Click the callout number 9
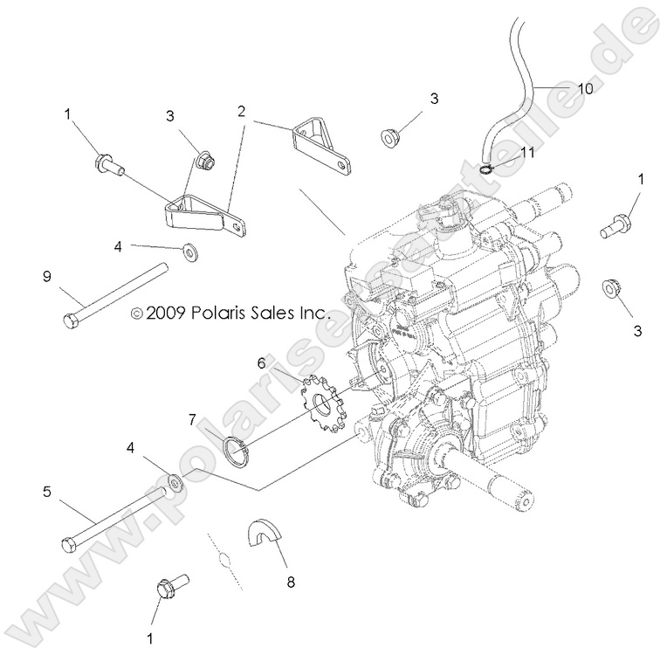pyautogui.click(x=47, y=278)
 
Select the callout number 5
pyautogui.click(x=47, y=493)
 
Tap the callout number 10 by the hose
pyautogui.click(x=583, y=88)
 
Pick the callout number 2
pyautogui.click(x=241, y=112)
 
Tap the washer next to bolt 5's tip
pyautogui.click(x=175, y=481)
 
